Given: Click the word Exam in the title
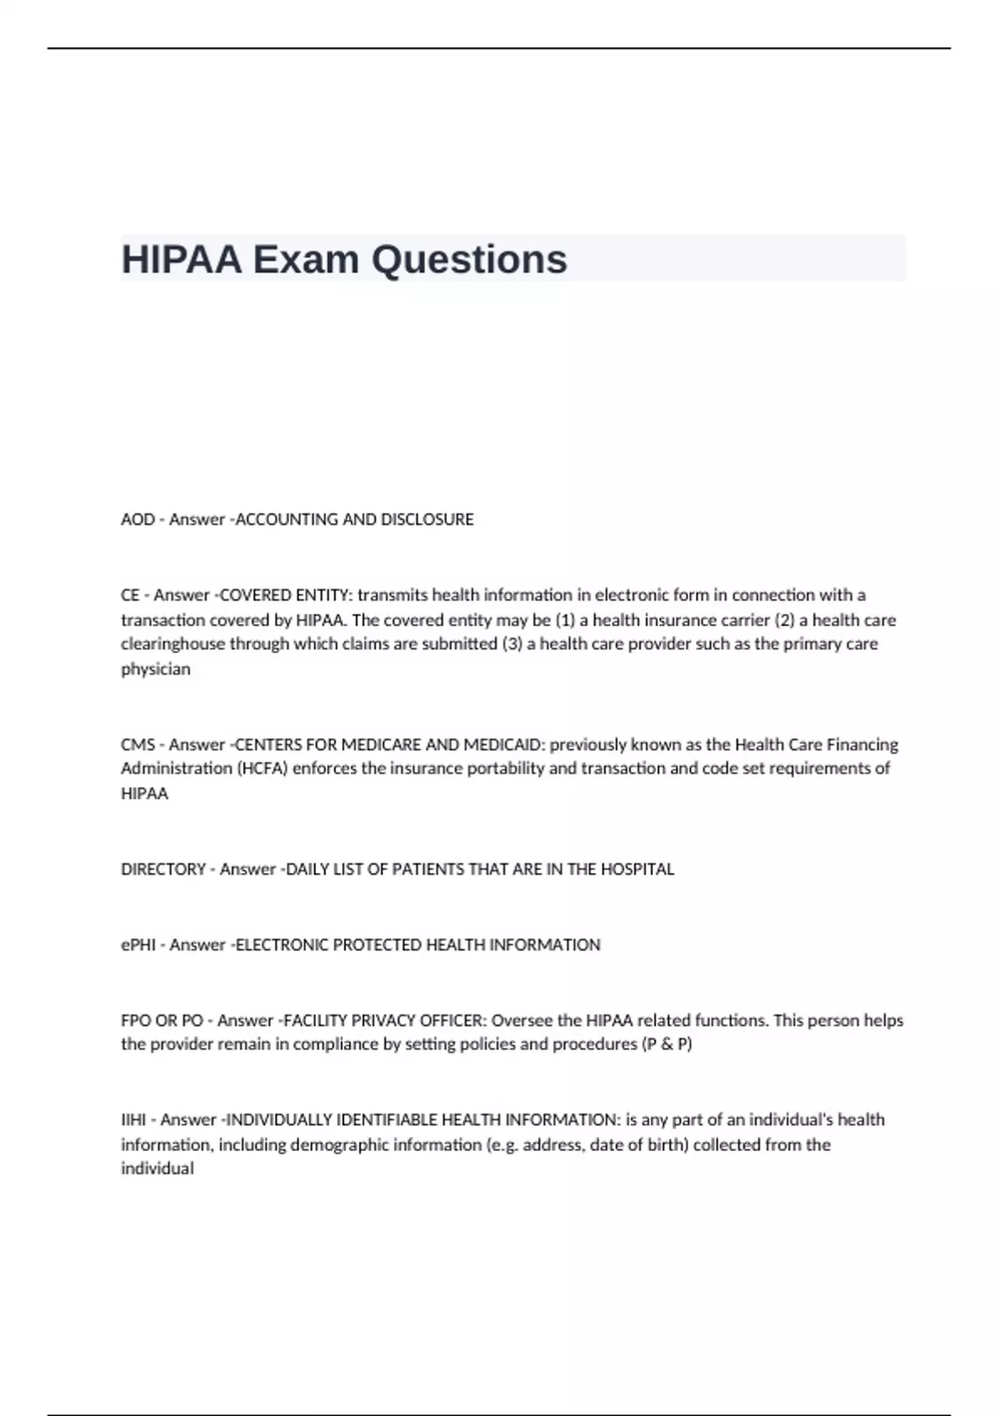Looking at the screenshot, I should tap(306, 259).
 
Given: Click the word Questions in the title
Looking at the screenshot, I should tap(469, 259).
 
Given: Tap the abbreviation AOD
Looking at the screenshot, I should tap(137, 520).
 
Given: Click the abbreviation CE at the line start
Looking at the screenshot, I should tap(130, 596).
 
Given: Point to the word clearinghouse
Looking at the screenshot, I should tap(172, 644).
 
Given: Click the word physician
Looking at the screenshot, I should tap(156, 669).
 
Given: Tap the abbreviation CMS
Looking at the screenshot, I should tap(137, 745).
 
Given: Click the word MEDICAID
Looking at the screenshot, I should tap(502, 745).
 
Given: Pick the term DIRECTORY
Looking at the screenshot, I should tap(163, 870).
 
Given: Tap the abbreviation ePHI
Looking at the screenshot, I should tap(138, 945).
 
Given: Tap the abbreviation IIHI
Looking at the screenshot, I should tap(133, 1120).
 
